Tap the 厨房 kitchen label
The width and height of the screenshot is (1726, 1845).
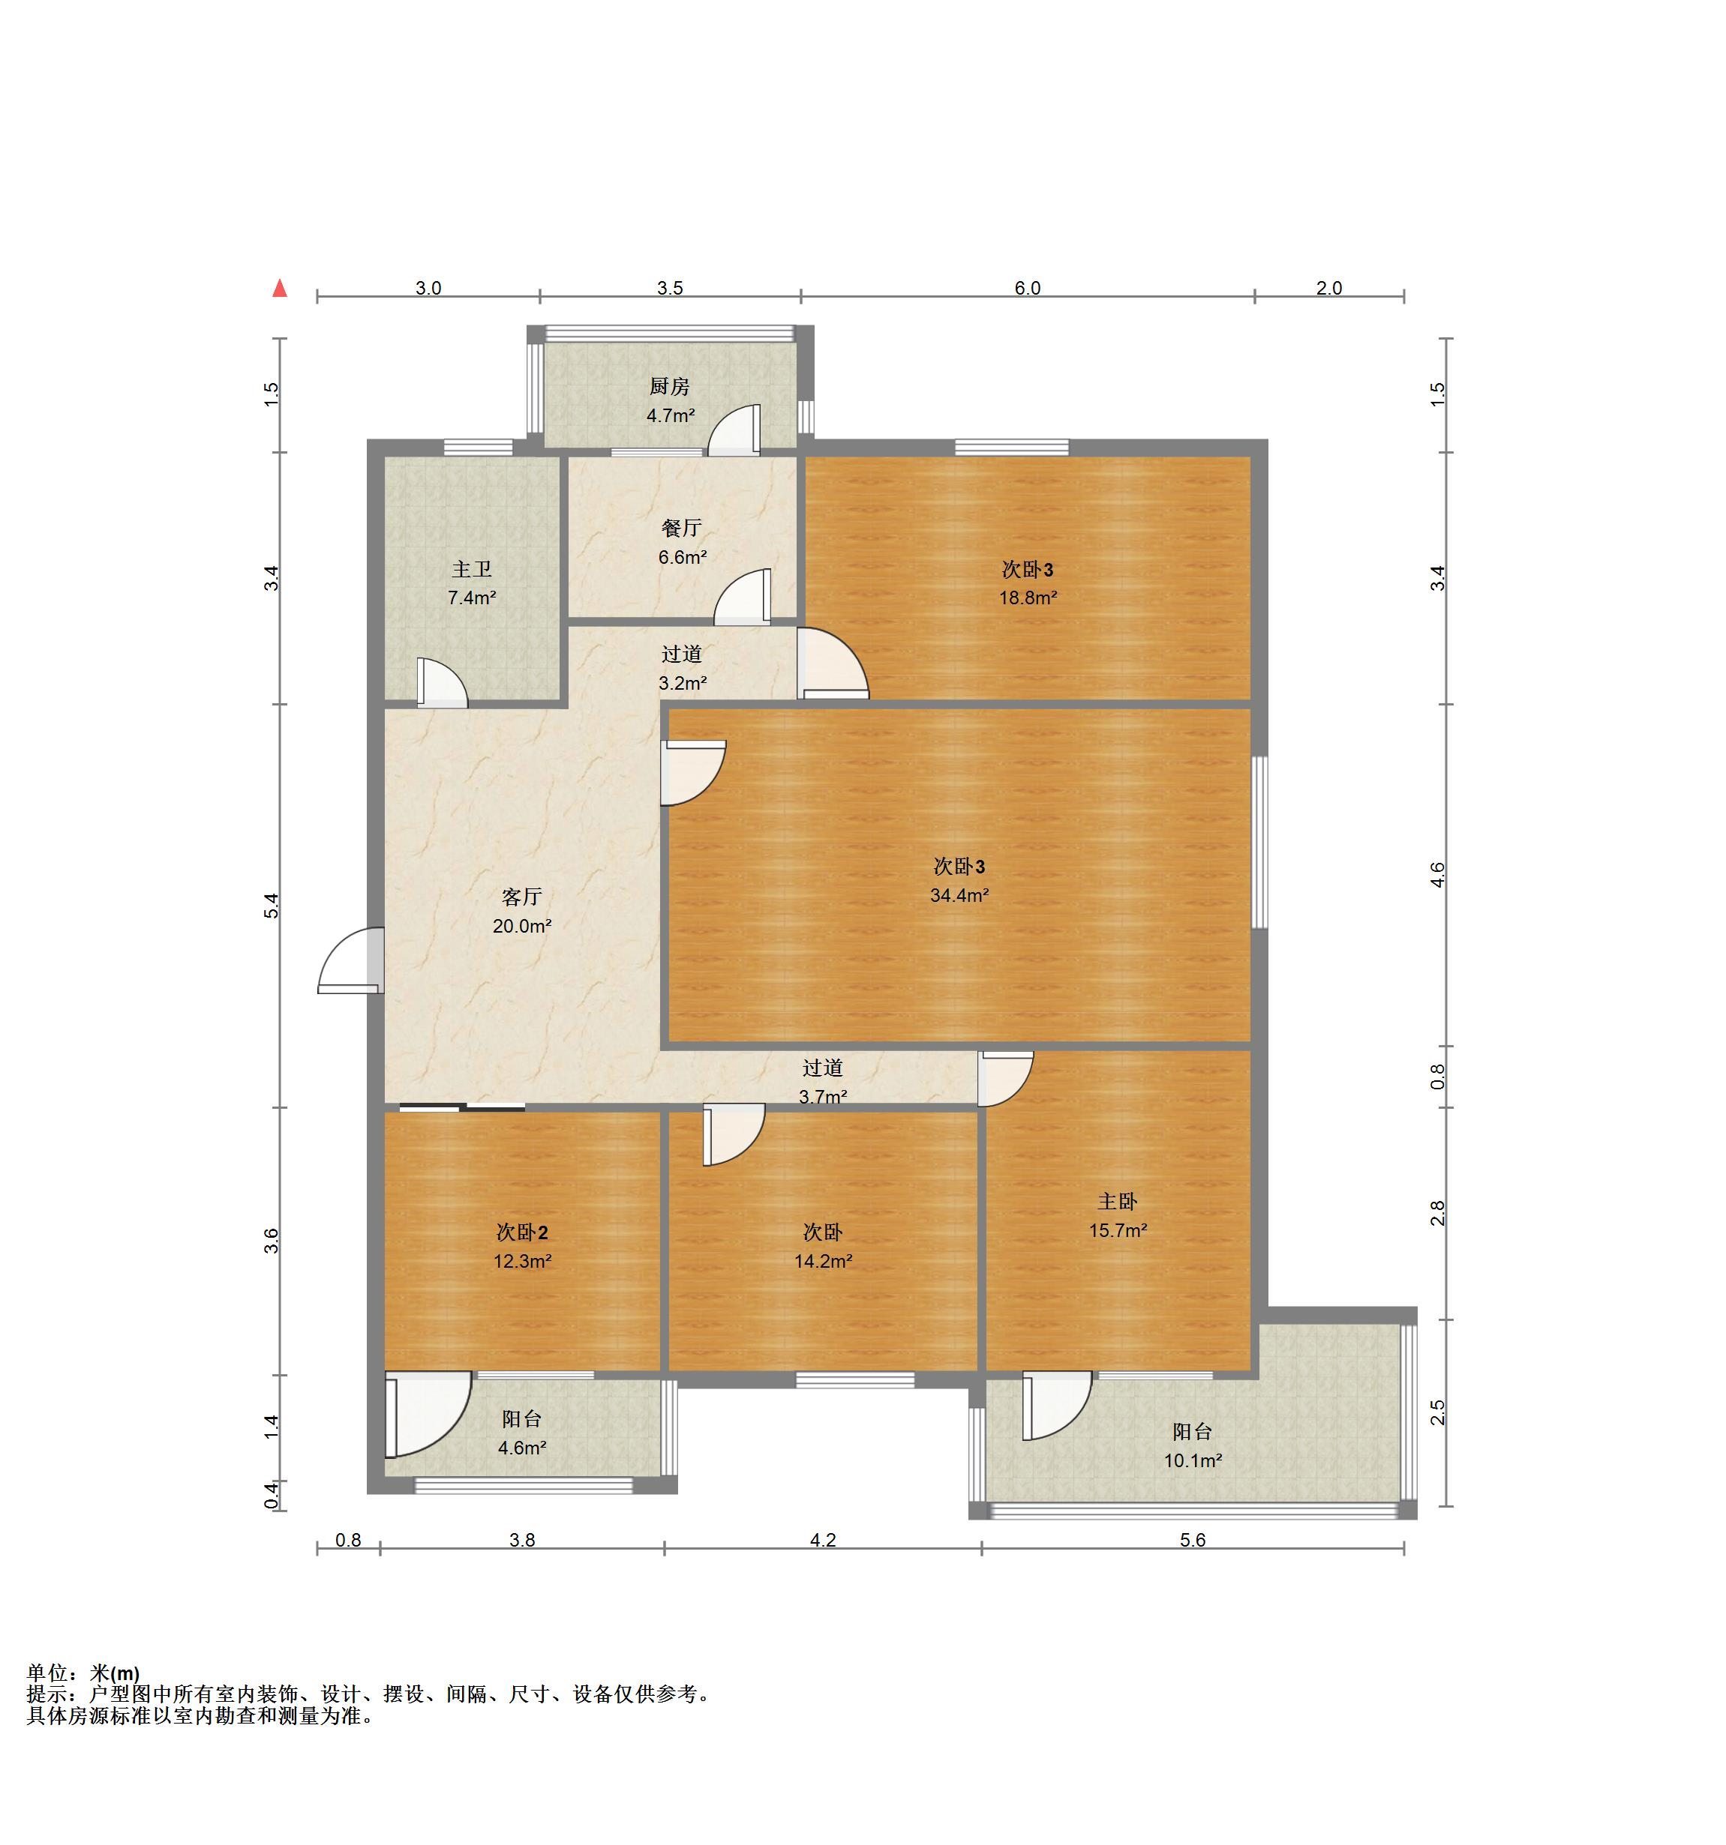click(x=669, y=386)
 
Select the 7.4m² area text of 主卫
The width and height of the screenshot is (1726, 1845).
click(x=472, y=598)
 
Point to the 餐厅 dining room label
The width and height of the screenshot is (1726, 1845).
click(x=682, y=528)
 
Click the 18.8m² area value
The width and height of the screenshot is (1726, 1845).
click(x=1028, y=598)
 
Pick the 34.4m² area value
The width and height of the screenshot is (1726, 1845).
click(x=959, y=896)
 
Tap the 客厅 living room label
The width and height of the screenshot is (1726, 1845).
click(x=522, y=897)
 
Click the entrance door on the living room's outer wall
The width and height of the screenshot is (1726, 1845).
click(x=351, y=960)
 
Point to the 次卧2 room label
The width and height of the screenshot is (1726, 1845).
click(x=522, y=1232)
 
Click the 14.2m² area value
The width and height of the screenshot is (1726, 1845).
click(x=824, y=1261)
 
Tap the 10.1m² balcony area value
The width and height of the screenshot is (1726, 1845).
click(x=1193, y=1460)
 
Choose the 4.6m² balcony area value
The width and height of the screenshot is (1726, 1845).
click(x=522, y=1448)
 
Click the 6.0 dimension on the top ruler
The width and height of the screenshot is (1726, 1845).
click(x=1028, y=288)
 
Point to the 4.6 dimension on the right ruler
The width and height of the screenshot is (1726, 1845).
click(x=1437, y=875)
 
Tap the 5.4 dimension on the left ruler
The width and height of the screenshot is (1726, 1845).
click(x=270, y=906)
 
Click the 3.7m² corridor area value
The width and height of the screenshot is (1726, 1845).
click(x=824, y=1097)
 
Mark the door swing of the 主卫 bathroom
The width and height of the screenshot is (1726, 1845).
click(x=442, y=683)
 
